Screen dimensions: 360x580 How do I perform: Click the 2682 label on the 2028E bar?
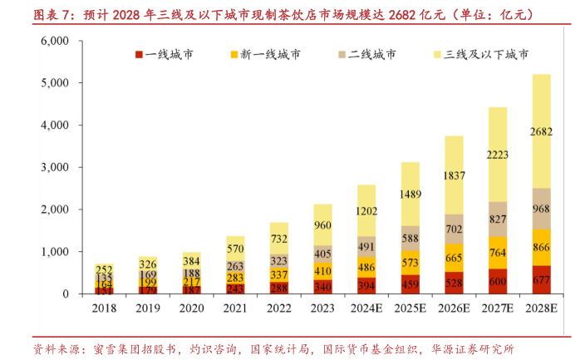point(541,131)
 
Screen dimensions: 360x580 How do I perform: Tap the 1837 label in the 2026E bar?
point(454,175)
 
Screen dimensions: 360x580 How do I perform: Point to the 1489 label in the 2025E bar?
point(410,195)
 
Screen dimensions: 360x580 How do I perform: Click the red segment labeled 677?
point(541,280)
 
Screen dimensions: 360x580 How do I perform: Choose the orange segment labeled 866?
point(541,248)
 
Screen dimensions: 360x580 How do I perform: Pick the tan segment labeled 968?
point(541,209)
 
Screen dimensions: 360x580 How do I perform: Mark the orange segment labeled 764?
point(498,253)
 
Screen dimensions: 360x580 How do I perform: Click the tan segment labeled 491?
point(367,247)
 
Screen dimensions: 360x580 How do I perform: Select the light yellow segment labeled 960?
point(323,224)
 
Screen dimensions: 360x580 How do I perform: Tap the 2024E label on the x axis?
point(367,308)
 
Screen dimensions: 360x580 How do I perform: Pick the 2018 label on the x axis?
point(105,308)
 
